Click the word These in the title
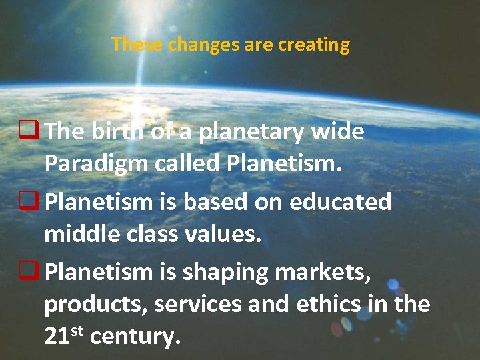tap(137, 45)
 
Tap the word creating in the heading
tap(314, 45)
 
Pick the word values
tap(225, 234)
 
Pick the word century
tap(135, 337)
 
